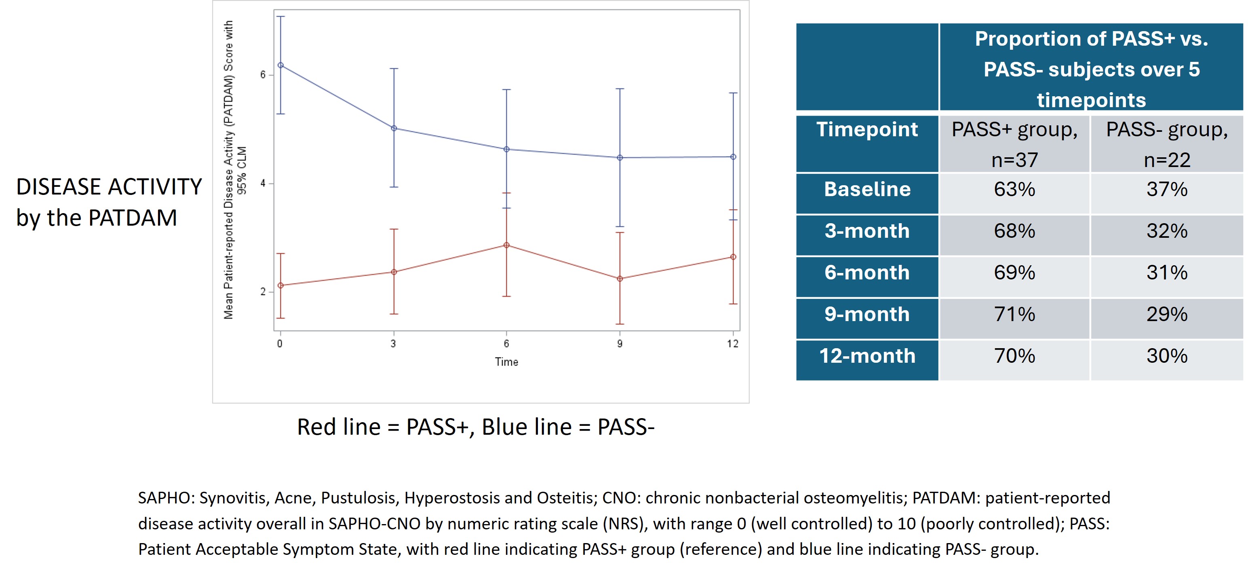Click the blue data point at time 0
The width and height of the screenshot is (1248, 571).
280,65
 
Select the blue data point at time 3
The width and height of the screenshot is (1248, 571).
394,129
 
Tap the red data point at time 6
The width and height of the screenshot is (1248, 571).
507,245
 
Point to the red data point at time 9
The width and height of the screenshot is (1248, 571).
620,279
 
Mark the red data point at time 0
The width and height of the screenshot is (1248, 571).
280,285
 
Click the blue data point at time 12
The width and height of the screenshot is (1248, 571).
734,157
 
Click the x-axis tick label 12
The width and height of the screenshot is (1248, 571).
733,344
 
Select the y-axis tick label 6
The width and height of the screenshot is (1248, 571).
263,75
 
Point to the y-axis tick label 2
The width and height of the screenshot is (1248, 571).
263,292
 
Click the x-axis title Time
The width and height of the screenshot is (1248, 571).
507,362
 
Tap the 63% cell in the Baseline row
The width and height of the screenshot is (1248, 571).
1014,189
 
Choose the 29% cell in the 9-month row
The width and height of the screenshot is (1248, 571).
1167,314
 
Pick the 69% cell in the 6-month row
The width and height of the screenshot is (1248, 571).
1014,273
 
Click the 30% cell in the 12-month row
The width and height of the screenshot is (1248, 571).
1167,356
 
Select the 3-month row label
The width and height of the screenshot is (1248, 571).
867,231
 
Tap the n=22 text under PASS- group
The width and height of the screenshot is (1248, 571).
1167,160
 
